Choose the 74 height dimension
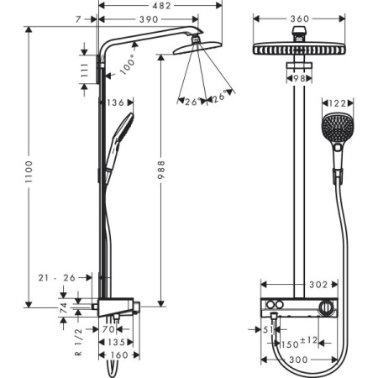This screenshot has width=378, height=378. pos(64,307)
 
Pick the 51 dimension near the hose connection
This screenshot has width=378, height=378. pos(266,329)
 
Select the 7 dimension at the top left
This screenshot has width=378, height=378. pos(77,18)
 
